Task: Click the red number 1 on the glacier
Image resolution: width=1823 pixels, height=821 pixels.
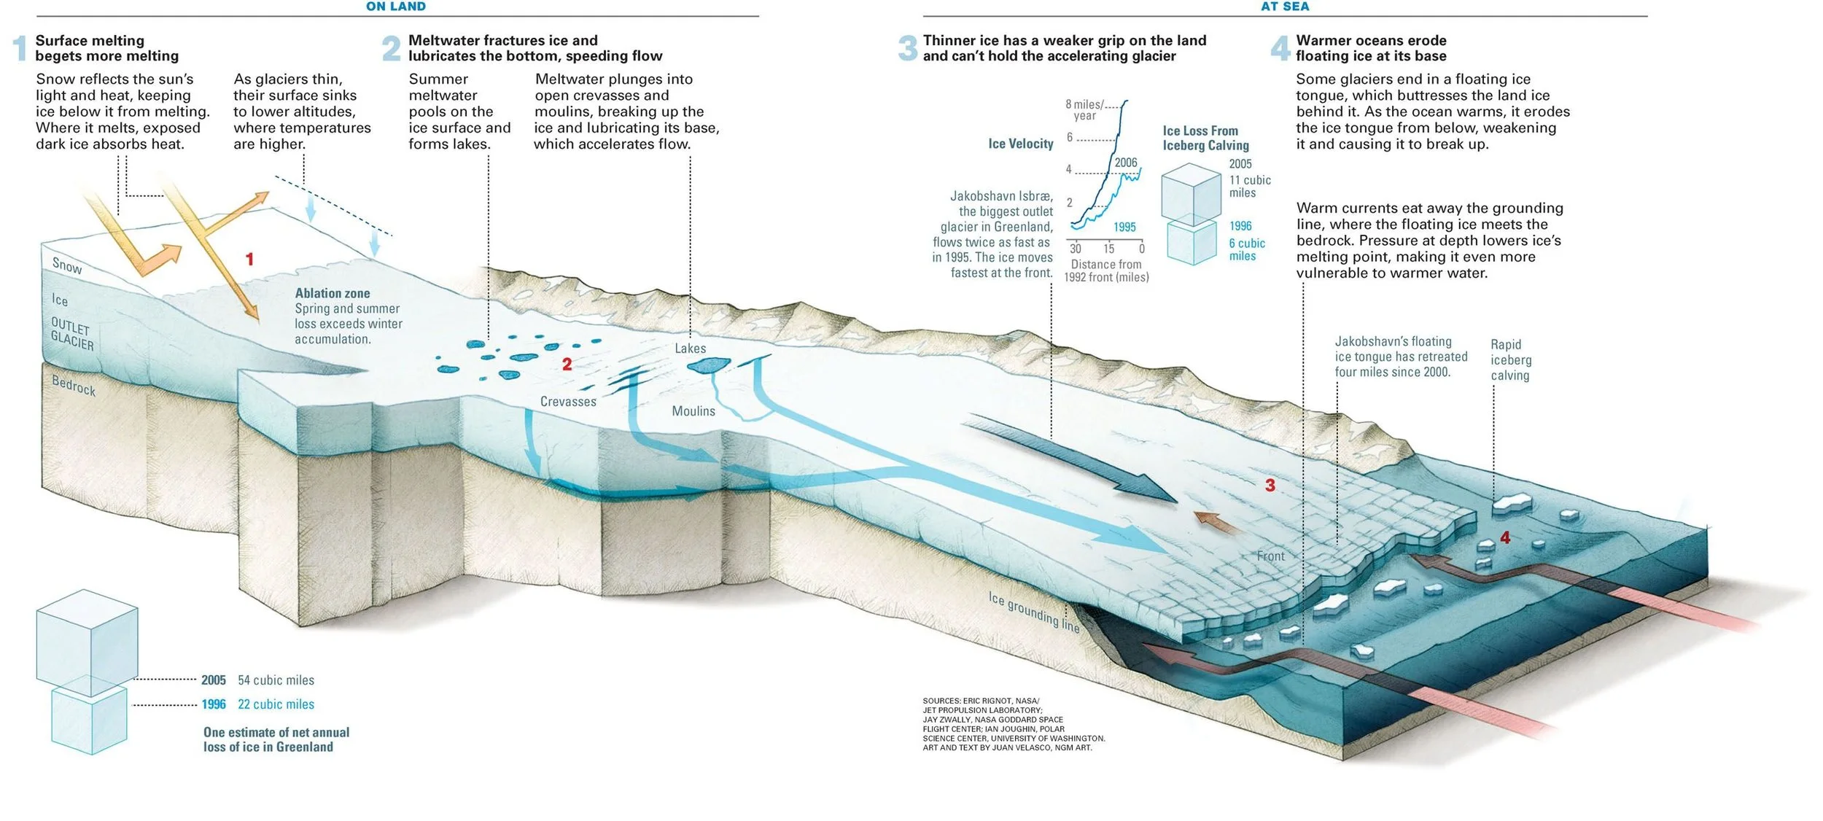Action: pyautogui.click(x=249, y=259)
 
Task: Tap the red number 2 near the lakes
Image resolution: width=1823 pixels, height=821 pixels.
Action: pyautogui.click(x=567, y=364)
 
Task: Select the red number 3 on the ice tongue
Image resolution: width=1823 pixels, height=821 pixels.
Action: pyautogui.click(x=1270, y=486)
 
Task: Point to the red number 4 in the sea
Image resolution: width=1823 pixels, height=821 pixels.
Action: pyautogui.click(x=1504, y=538)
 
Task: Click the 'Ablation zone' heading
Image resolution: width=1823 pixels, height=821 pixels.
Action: pyautogui.click(x=332, y=293)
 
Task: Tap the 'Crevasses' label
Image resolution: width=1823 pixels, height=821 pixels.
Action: pyautogui.click(x=568, y=402)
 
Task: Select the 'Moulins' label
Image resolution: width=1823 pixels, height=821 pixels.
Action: pyautogui.click(x=693, y=411)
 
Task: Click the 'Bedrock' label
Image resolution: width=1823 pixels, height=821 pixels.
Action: pyautogui.click(x=74, y=385)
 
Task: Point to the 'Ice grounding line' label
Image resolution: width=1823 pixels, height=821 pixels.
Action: pyautogui.click(x=1033, y=612)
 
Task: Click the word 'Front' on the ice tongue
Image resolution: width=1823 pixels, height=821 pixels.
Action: pyautogui.click(x=1270, y=556)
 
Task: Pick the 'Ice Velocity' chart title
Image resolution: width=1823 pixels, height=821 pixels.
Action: pyautogui.click(x=1020, y=144)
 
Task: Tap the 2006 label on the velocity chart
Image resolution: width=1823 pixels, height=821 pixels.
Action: pyautogui.click(x=1125, y=163)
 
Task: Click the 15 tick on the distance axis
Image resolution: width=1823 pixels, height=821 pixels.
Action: pyautogui.click(x=1108, y=249)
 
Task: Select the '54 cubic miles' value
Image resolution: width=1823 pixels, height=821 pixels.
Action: pyautogui.click(x=276, y=680)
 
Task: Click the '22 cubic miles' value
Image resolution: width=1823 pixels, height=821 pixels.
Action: pyautogui.click(x=276, y=704)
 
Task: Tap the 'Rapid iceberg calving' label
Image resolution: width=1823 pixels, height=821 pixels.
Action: pyautogui.click(x=1510, y=360)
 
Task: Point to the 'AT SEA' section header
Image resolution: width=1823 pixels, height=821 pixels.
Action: pyautogui.click(x=1285, y=7)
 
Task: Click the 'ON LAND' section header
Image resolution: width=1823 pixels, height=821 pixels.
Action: pyautogui.click(x=396, y=7)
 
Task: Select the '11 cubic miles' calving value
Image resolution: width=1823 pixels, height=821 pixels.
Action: pyautogui.click(x=1250, y=186)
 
